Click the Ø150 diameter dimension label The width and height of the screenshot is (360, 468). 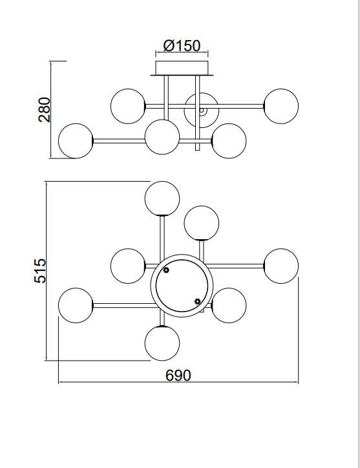(182, 46)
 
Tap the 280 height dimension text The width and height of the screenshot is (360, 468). (45, 109)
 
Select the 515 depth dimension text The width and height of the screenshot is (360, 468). (40, 271)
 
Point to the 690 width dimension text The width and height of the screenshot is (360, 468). (178, 375)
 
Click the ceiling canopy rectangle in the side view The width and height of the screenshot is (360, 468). (182, 68)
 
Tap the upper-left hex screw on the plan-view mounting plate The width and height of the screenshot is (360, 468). (166, 270)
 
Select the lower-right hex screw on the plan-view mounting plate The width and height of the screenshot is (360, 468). (197, 301)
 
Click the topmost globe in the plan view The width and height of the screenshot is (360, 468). (162, 198)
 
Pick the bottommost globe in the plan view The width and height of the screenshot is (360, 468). (162, 343)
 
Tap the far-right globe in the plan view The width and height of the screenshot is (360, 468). (281, 266)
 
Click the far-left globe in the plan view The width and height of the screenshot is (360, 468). (76, 305)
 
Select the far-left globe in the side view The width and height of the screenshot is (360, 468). (76, 141)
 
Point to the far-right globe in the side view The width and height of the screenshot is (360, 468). (281, 106)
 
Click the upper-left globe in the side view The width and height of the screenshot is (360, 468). (128, 106)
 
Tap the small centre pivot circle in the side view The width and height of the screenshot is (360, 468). (202, 111)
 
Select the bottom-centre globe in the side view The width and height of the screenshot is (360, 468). (162, 137)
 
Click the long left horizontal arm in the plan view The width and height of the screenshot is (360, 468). (123, 306)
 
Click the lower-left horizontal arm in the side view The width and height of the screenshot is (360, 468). (120, 141)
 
